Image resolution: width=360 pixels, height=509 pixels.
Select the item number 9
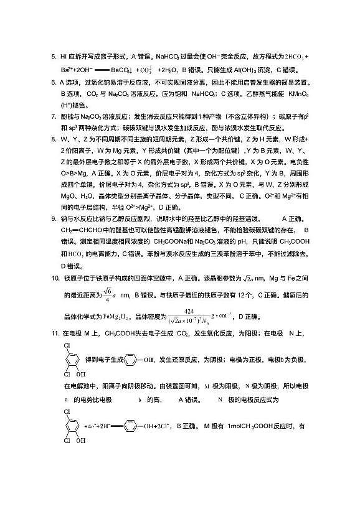click(54, 218)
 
